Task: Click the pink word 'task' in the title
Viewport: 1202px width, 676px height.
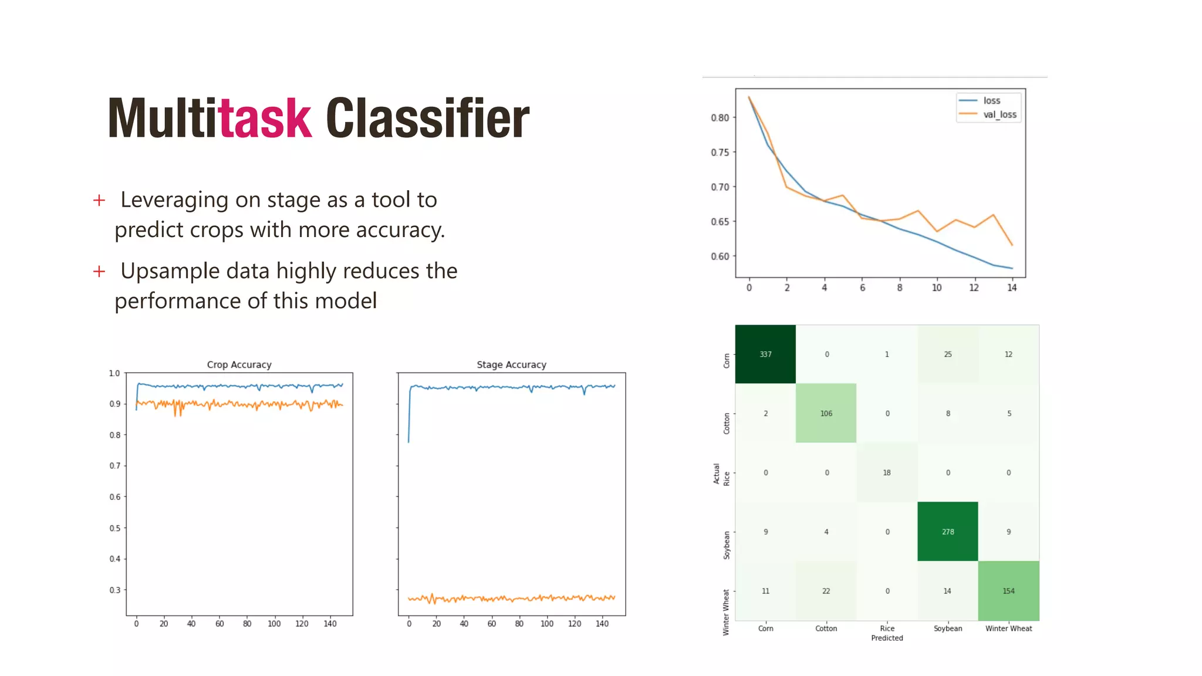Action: point(265,119)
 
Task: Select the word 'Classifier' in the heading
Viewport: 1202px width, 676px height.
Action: point(427,119)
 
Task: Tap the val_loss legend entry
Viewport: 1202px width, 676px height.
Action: point(1000,114)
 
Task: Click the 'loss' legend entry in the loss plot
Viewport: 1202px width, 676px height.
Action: point(991,101)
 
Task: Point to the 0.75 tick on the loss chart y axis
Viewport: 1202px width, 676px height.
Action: point(720,153)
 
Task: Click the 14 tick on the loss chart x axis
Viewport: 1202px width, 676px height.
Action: point(1012,288)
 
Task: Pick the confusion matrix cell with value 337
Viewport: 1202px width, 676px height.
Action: point(765,354)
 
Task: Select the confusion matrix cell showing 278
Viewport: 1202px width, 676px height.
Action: point(948,532)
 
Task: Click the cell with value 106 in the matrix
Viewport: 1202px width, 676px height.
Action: point(826,414)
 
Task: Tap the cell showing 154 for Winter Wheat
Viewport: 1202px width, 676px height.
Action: point(1008,591)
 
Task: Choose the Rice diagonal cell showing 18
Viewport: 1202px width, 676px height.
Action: point(887,473)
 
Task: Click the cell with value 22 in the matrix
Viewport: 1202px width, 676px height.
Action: point(826,591)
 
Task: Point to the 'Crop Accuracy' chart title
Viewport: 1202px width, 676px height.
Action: point(239,365)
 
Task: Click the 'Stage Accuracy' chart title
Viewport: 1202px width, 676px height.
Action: point(511,365)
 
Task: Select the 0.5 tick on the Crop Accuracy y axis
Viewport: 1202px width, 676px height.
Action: point(115,528)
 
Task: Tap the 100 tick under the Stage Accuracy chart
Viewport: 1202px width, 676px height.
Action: point(547,624)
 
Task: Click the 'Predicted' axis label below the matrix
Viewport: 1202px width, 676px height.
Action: point(887,638)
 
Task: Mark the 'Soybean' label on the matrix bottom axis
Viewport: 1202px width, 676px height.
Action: point(948,628)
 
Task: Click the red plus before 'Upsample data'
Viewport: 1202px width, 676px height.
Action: point(99,272)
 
